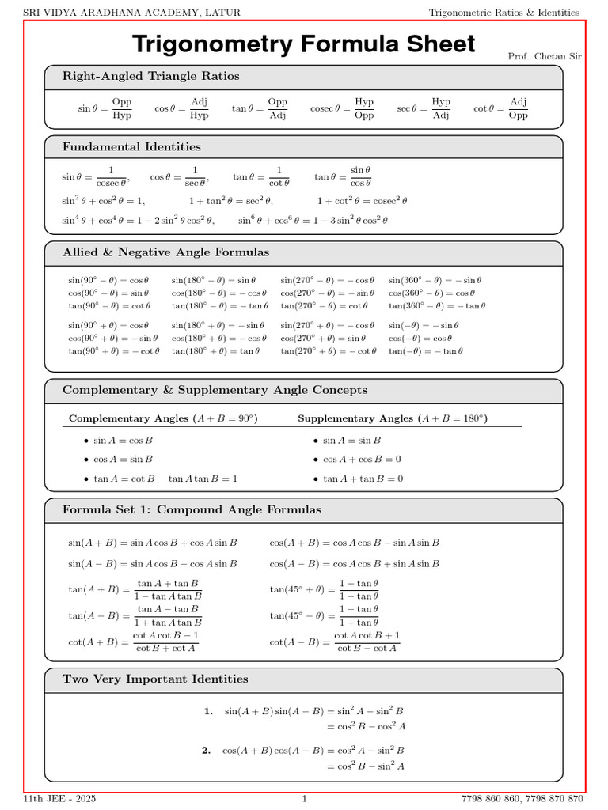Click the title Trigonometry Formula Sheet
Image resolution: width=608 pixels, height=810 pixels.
point(304,44)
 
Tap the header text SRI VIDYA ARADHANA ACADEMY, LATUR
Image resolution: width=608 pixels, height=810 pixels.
point(131,13)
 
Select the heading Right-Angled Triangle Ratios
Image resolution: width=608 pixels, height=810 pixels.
point(150,77)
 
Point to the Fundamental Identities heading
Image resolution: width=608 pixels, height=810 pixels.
point(131,147)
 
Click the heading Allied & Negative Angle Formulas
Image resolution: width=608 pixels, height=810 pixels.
point(165,253)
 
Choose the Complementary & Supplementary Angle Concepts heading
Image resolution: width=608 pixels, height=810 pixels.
point(215,391)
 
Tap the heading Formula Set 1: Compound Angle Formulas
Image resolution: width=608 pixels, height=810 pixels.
point(192,510)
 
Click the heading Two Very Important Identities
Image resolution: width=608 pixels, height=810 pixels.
point(155,679)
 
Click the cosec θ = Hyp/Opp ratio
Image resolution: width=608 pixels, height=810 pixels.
point(343,108)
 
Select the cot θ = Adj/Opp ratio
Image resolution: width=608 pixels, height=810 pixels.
point(500,108)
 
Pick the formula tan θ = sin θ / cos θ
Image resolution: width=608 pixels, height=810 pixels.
point(344,176)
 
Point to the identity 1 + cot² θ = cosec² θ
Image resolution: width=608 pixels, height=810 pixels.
point(362,201)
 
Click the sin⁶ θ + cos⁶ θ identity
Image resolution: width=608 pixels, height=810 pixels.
point(313,221)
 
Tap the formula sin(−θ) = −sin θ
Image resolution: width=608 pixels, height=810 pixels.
point(424,325)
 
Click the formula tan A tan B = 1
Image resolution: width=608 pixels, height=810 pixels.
point(203,479)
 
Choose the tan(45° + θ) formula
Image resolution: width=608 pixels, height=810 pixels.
point(325,590)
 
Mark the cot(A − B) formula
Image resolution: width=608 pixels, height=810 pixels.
point(335,642)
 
